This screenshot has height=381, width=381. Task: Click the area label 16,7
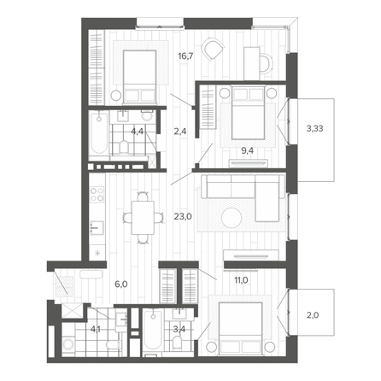tap(185, 56)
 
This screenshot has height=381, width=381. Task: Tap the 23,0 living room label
tap(183, 217)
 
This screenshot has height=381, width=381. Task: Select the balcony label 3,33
tap(314, 128)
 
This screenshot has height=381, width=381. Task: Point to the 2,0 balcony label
tap(313, 315)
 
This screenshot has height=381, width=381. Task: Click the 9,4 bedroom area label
tap(248, 150)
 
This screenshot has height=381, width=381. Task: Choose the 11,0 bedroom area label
tap(241, 280)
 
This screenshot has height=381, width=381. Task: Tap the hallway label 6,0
tap(121, 284)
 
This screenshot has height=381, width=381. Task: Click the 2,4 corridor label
tap(180, 132)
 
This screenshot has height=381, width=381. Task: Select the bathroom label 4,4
tap(137, 132)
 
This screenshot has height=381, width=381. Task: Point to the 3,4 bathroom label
tap(179, 329)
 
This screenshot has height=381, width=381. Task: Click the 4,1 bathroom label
tap(96, 330)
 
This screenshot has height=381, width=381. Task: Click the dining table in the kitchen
tap(143, 218)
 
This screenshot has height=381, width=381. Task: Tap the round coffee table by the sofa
tap(232, 218)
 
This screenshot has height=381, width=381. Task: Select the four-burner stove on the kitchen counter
tap(97, 194)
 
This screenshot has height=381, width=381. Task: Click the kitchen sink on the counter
tap(97, 228)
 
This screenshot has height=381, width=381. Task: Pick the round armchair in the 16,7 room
tap(214, 49)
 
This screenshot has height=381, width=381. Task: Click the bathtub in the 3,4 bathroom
tap(153, 331)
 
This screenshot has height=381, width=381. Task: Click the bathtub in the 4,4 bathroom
tap(99, 133)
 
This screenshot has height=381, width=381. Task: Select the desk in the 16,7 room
tap(252, 63)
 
